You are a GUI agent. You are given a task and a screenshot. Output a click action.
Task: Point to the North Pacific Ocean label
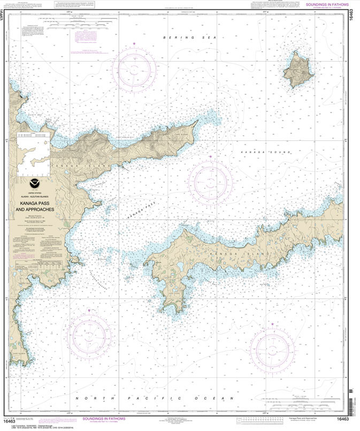tap(154, 398)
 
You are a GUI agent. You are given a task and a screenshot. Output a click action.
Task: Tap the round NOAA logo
tap(35, 183)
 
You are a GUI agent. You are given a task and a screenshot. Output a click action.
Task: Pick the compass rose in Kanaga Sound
tap(210, 182)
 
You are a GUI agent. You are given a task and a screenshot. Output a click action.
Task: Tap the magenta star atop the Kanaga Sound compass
tap(210, 156)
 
